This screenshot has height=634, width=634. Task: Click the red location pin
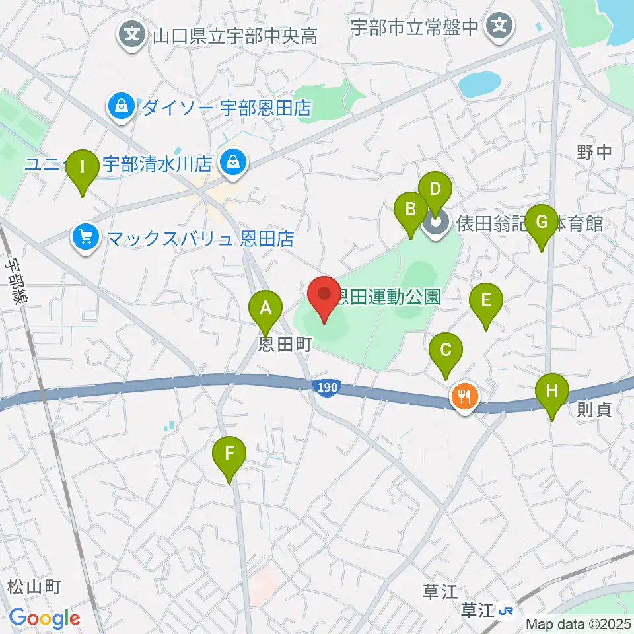(324, 297)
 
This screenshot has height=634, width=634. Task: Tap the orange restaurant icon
(465, 397)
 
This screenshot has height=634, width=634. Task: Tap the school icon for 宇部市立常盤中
(499, 26)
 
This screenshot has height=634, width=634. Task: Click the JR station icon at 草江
(507, 611)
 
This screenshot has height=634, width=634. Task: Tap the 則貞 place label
(594, 409)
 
